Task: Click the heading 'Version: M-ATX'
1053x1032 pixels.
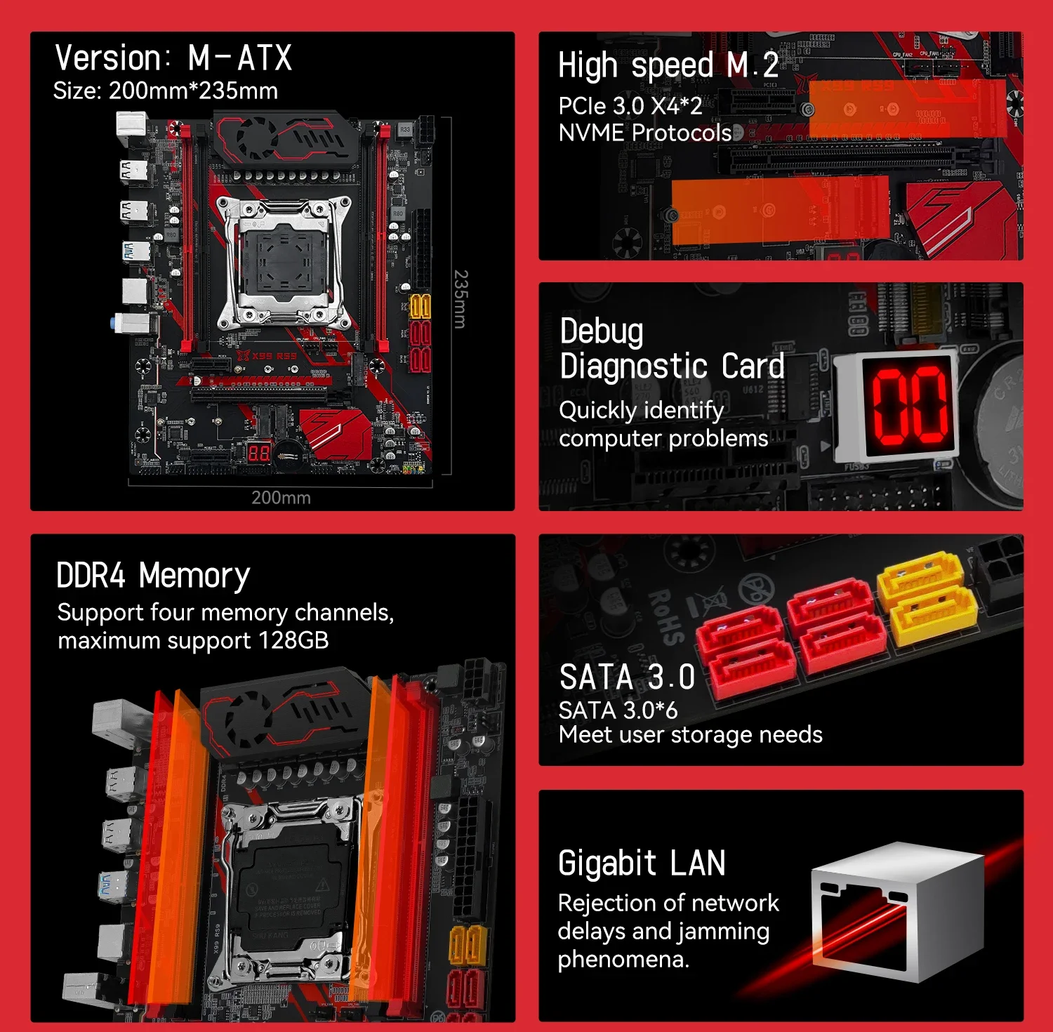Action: [173, 58]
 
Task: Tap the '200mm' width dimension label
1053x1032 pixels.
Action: [281, 498]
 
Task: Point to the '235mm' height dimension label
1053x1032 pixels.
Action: [460, 299]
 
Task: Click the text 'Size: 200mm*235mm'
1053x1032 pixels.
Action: [166, 91]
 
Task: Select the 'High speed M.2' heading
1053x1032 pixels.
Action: [668, 66]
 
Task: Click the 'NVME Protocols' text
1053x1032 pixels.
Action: [644, 133]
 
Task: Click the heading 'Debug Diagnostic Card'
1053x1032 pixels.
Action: [671, 349]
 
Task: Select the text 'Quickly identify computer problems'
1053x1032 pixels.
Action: [663, 424]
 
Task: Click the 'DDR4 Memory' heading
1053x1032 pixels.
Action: [153, 576]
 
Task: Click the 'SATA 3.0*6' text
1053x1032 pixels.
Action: [618, 710]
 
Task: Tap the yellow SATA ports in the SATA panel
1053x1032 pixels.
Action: [927, 597]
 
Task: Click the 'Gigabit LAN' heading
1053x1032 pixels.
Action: [642, 864]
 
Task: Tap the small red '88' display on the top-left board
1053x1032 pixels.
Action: [259, 453]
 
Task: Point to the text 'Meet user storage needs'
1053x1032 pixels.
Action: [690, 735]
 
